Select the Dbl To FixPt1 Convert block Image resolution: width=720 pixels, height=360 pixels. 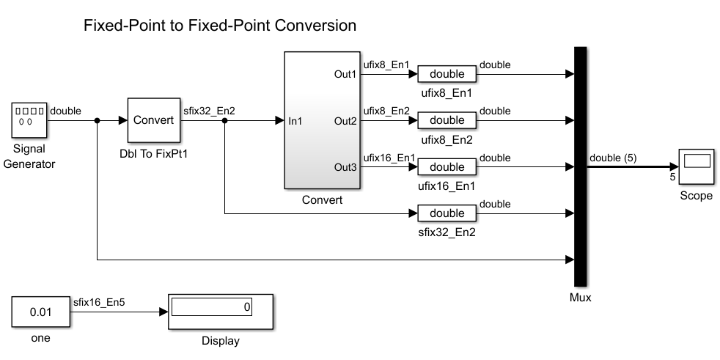(153, 120)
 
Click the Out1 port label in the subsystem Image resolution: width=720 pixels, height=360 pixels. (345, 74)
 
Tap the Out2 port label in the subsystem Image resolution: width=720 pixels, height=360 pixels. (345, 120)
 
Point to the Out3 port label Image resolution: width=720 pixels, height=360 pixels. (345, 167)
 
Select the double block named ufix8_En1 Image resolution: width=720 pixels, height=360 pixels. (447, 74)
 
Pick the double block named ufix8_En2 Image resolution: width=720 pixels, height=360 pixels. (447, 120)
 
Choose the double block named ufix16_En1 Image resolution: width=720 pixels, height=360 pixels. (447, 167)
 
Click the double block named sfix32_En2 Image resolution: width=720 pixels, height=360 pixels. (447, 213)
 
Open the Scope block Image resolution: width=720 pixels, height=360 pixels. (696, 166)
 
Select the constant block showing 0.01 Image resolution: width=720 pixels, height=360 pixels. (41, 312)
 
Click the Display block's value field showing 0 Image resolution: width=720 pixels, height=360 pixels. (212, 307)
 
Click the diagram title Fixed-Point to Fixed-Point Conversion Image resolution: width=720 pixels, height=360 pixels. (220, 26)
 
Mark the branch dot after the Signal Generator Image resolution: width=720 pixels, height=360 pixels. (97, 120)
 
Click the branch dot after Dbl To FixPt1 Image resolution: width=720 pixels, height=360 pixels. (224, 120)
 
